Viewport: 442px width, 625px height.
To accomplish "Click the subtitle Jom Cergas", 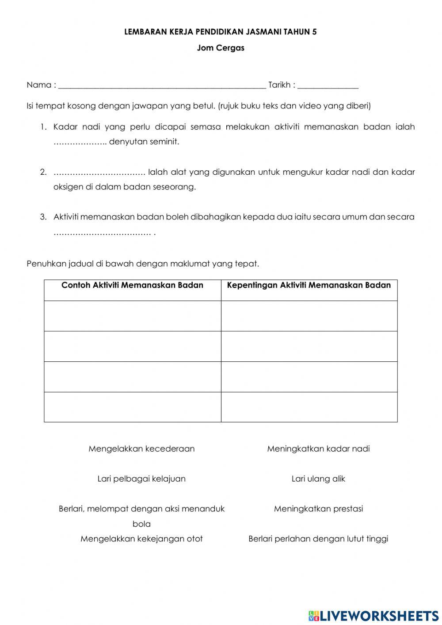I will click(x=221, y=48).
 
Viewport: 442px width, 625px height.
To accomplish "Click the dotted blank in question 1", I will click(x=80, y=142).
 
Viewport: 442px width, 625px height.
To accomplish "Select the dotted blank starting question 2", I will click(x=99, y=172).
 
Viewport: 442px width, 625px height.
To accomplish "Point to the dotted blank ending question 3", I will click(x=102, y=233).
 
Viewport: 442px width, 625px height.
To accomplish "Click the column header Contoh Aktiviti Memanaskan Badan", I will click(x=132, y=285).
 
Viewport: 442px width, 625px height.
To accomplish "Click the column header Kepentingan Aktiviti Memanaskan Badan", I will click(x=309, y=285).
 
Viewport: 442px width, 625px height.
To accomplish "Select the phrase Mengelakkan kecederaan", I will click(x=141, y=449).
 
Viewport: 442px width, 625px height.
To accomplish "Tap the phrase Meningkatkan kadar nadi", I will click(x=318, y=449).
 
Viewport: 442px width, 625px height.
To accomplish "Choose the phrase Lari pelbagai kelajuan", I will click(x=141, y=479).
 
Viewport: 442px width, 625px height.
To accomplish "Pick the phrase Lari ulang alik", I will click(x=318, y=479).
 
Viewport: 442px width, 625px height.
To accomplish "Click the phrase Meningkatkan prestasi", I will click(x=318, y=509).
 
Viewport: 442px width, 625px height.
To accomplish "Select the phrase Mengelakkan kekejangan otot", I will click(x=141, y=539).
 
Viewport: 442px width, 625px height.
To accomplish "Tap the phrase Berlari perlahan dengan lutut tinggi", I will click(x=318, y=539).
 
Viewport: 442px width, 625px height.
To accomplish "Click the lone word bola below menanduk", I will click(x=141, y=524).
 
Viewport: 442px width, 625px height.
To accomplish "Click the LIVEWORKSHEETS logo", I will click(x=373, y=615).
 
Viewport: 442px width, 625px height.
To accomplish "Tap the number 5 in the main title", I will click(x=315, y=32).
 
